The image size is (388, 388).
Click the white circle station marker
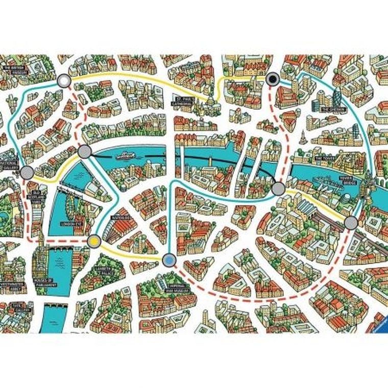(64, 81)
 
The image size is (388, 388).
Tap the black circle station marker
(273, 78)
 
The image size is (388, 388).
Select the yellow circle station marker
(93, 241)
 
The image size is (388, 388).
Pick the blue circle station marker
(168, 261)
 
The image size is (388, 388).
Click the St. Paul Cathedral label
(183, 101)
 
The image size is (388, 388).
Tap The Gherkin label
(327, 109)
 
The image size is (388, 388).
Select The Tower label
(324, 159)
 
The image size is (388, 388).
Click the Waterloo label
(125, 218)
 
